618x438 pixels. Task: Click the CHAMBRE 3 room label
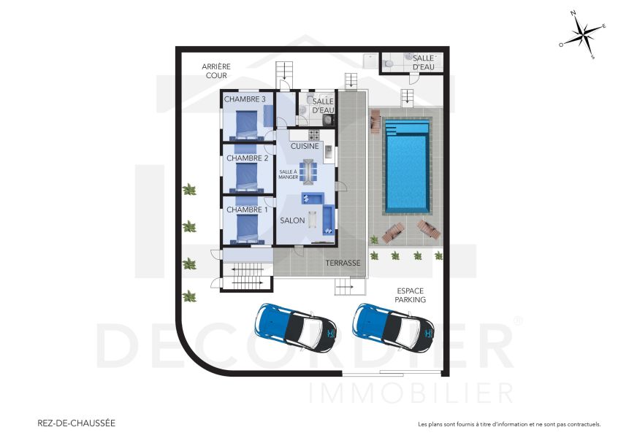coord(244,99)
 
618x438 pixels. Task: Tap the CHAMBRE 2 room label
coord(247,158)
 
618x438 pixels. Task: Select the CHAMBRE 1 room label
coord(247,210)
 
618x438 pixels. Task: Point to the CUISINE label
coord(305,146)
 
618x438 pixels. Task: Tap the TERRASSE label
coord(343,263)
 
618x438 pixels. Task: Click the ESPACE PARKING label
coord(411,295)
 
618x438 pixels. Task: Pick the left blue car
coord(295,325)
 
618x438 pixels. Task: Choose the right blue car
coord(393,325)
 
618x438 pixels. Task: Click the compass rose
coord(583,34)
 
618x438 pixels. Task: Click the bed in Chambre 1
coord(246,228)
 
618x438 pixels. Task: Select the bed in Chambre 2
coord(246,175)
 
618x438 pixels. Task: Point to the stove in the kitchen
coord(315,135)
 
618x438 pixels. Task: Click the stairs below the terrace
coord(350,288)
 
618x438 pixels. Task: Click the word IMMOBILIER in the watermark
coord(412,392)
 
